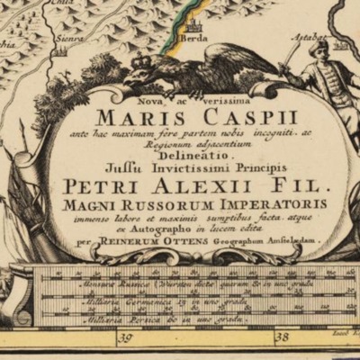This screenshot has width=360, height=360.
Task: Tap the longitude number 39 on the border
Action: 124,338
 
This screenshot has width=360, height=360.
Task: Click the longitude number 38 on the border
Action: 281,338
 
